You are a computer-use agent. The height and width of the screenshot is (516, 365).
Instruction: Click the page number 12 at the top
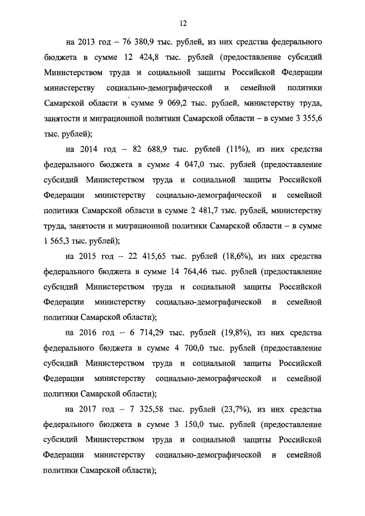click(x=182, y=23)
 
